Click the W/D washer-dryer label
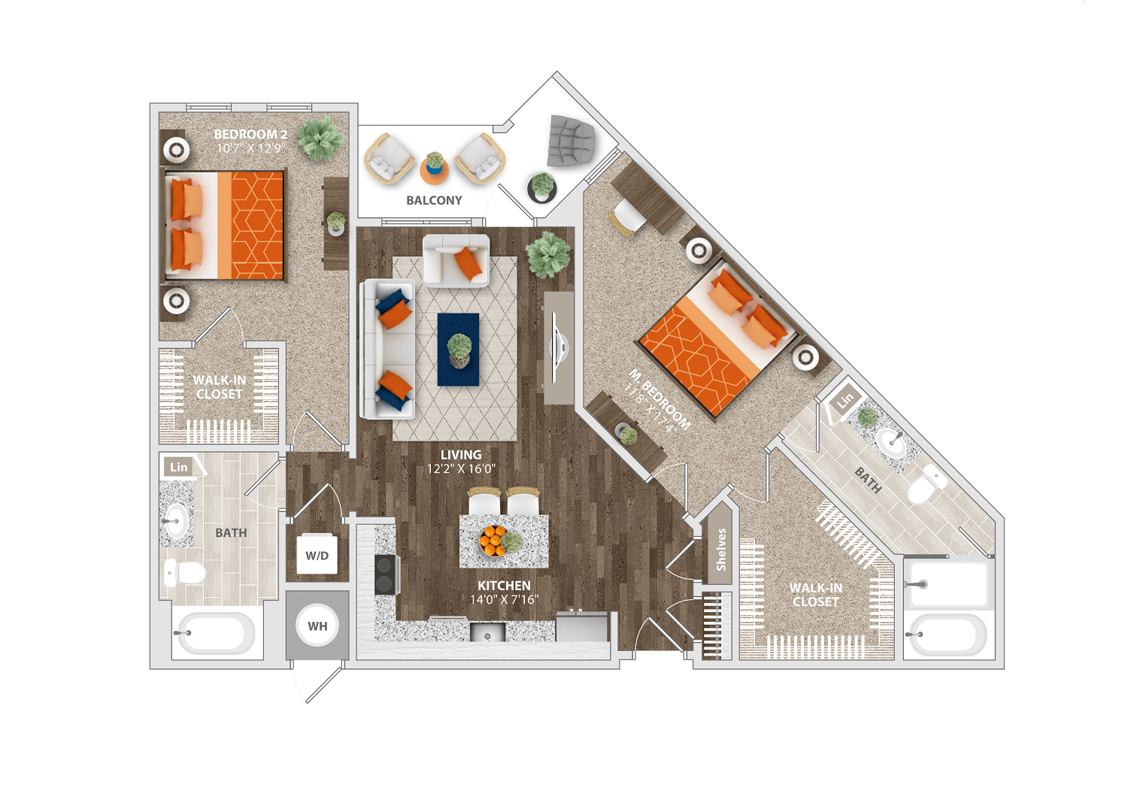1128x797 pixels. tap(317, 556)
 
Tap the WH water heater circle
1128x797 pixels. tap(317, 626)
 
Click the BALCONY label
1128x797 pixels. tap(434, 201)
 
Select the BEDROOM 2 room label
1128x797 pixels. tap(250, 134)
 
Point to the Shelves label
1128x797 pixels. tap(721, 550)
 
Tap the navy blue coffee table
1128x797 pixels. tap(458, 350)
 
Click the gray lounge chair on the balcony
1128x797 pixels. tap(572, 140)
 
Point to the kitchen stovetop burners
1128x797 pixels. tap(384, 574)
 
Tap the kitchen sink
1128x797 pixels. tap(487, 632)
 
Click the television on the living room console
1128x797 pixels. tap(559, 347)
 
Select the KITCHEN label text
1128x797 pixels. tap(504, 586)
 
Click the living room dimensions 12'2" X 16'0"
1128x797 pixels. tap(461, 468)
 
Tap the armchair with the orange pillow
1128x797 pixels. tap(456, 260)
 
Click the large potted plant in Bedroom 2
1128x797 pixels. tap(321, 138)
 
